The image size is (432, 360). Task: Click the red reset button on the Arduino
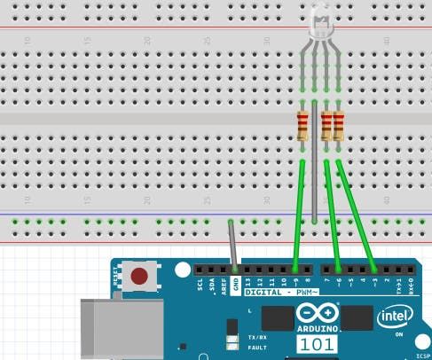139,277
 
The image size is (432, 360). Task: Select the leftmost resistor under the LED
303,126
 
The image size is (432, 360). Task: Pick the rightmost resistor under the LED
338,126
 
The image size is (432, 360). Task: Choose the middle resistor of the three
326,126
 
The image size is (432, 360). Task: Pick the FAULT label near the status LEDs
257,348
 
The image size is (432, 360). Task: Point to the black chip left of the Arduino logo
278,318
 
